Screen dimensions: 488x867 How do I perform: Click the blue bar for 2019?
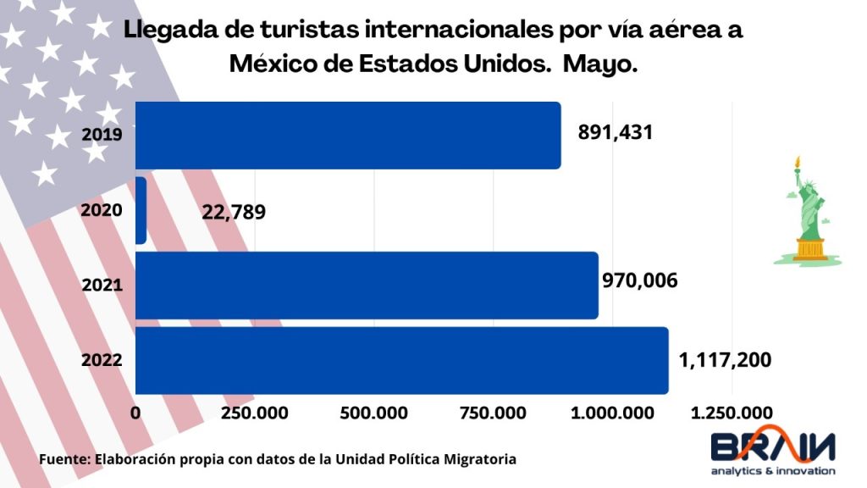click(x=348, y=136)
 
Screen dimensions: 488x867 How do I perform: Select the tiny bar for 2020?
click(x=141, y=211)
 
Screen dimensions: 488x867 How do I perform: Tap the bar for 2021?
click(x=367, y=286)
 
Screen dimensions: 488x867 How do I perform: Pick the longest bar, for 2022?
click(x=401, y=360)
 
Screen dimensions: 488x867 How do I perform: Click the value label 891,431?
click(x=616, y=133)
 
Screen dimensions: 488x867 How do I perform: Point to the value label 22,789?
click(x=234, y=211)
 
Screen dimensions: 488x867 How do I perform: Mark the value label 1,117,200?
click(x=725, y=360)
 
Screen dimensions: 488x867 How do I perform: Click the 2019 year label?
click(x=102, y=134)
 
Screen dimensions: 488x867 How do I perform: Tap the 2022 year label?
click(x=102, y=360)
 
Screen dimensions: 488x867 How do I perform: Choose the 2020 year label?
click(x=102, y=210)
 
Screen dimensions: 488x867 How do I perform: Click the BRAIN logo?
click(x=772, y=451)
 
